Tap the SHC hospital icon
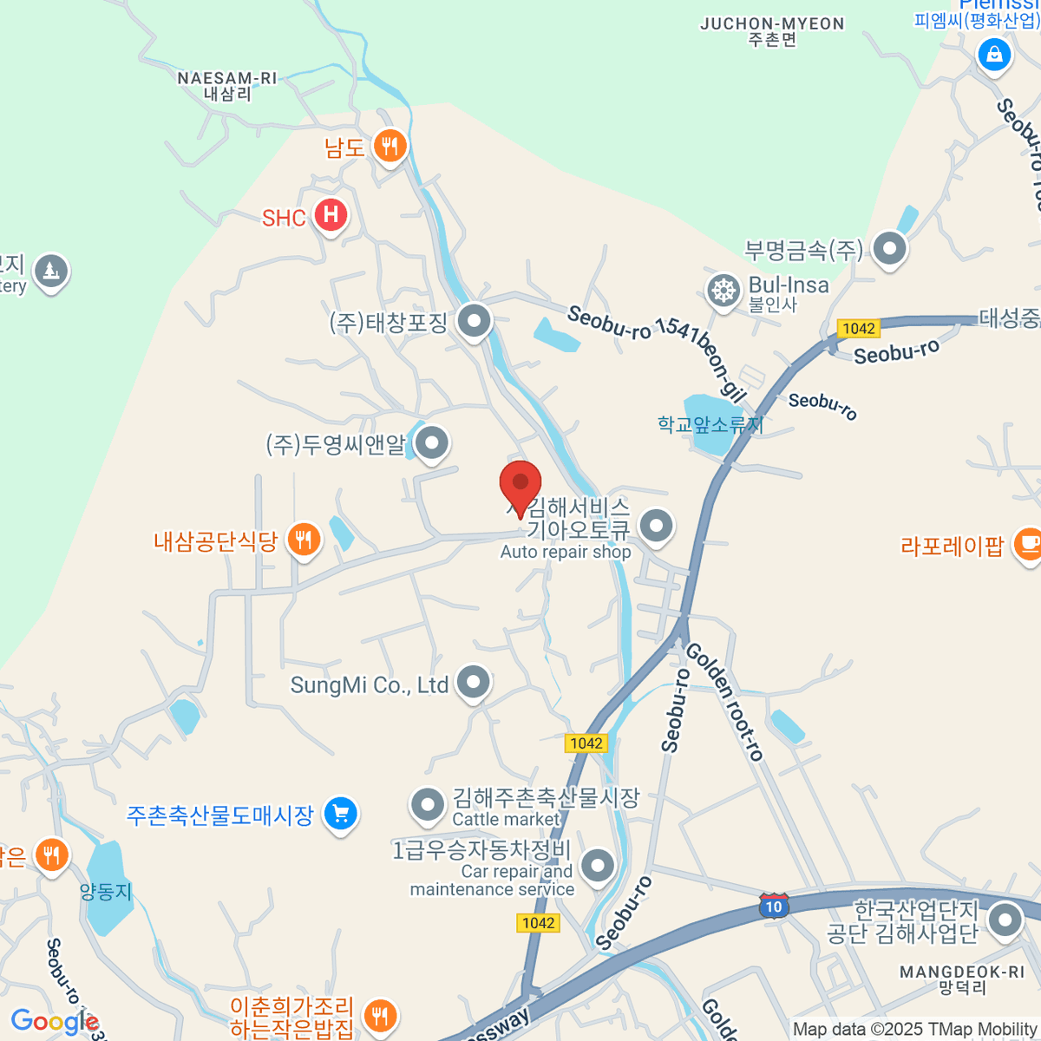click(331, 214)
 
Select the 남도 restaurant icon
click(390, 146)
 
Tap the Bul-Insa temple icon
click(723, 291)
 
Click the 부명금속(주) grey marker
click(889, 249)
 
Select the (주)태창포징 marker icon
click(474, 322)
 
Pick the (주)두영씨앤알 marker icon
click(431, 444)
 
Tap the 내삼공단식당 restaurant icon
click(304, 540)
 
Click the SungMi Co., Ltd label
click(370, 685)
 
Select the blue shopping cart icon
click(340, 814)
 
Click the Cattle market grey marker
click(428, 804)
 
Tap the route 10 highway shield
click(773, 907)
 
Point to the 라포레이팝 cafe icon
click(1029, 545)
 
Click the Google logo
click(54, 1022)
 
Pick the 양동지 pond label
click(106, 891)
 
